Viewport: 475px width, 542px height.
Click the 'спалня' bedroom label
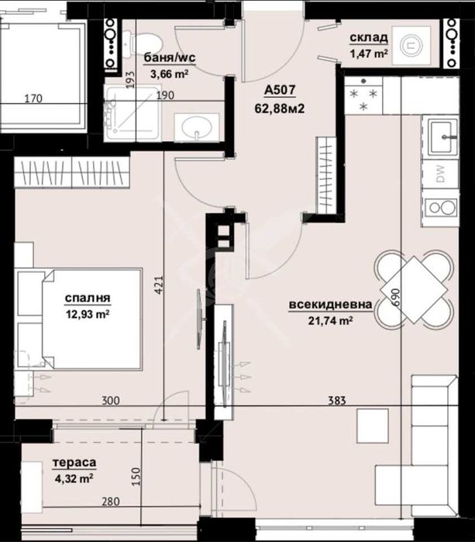pos(87,298)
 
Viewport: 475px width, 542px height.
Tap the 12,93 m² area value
pos(87,314)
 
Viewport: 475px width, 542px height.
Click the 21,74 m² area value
pos(331,320)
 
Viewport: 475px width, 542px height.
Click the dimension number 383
pos(336,400)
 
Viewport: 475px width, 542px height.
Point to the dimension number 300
pos(111,400)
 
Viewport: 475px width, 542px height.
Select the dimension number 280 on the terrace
pos(111,502)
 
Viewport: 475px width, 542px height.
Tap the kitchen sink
pos(440,137)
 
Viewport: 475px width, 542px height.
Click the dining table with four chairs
pos(413,288)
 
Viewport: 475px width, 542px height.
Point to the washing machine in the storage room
pos(411,45)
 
